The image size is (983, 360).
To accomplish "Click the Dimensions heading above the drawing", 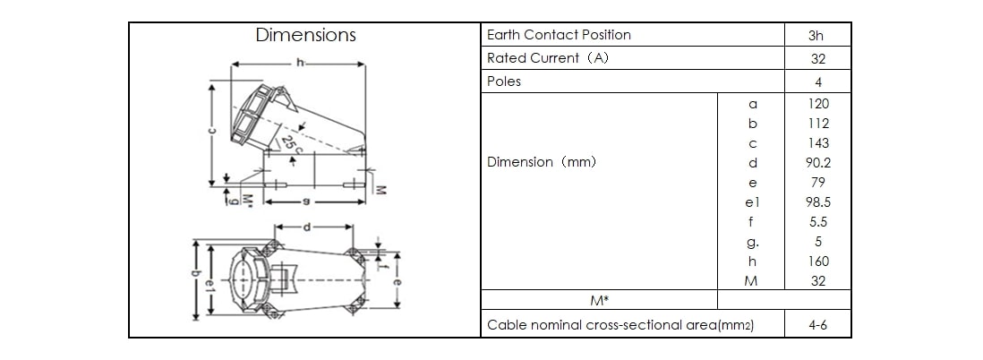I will pos(305,35).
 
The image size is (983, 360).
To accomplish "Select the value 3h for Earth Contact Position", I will pos(816,36).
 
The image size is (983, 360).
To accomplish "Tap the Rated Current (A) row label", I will pos(547,58).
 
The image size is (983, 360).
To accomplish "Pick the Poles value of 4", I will pos(817,81).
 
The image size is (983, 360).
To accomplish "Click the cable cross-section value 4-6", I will pos(817,325).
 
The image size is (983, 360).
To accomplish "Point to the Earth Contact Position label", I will pos(559,35).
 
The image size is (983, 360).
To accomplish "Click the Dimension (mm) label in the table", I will pos(541,163).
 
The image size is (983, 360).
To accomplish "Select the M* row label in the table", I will pos(600,301).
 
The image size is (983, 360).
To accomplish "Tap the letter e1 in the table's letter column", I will pos(752,202).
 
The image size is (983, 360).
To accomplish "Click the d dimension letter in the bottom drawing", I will pos(307,227).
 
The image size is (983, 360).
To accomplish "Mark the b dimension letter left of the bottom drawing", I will pos(197,279).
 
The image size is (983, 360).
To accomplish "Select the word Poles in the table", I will pos(504,81).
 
